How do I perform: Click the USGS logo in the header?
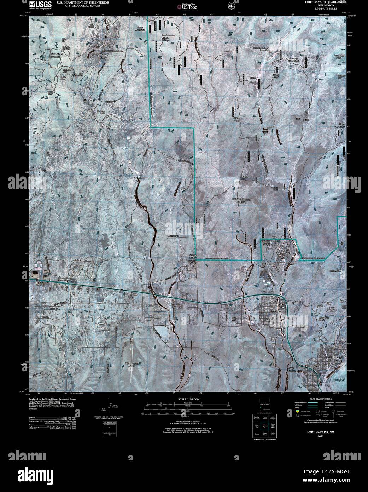[40, 4]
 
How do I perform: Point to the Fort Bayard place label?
[285, 252]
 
